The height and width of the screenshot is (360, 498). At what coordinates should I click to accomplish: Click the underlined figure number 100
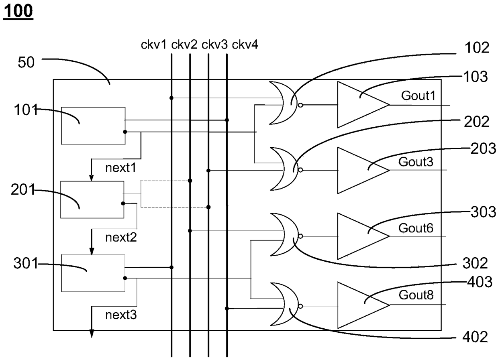point(18,12)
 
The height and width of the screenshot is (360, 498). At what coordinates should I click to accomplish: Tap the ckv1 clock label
point(154,45)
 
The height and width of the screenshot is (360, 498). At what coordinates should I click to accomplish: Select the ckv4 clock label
point(245,45)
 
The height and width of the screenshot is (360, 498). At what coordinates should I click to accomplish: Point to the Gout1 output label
point(418,96)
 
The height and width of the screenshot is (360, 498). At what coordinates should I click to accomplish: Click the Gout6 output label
point(416,228)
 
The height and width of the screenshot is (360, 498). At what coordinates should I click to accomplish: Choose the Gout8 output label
point(416,295)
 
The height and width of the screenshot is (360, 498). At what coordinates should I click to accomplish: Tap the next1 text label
point(120,168)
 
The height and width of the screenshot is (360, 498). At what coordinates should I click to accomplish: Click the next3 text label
point(121,315)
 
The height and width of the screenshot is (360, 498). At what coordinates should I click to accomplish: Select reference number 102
point(477,47)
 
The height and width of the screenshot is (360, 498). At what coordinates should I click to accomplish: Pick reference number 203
point(483,148)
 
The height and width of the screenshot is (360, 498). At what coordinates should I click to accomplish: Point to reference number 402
point(475,337)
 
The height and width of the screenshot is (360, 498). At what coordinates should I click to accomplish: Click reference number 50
point(26,62)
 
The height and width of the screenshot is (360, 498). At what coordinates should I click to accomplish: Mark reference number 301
point(26,264)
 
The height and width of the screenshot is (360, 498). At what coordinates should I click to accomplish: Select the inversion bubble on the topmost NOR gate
point(300,105)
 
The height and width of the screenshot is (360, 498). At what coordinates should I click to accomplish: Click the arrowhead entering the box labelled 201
point(92,178)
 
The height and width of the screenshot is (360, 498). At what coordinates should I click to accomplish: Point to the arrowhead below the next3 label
point(92,334)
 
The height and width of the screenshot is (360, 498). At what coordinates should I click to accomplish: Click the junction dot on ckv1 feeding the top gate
point(171,98)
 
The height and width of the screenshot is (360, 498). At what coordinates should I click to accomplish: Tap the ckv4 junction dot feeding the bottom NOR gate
point(227,309)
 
